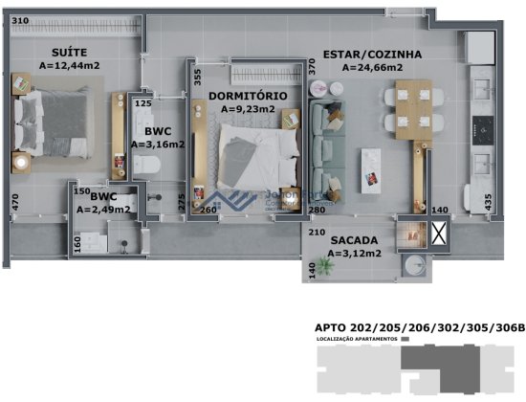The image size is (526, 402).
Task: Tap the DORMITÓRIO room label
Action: [x=248, y=97]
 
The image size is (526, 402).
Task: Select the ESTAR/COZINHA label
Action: [x=362, y=55]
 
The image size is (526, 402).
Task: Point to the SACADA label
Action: [x=355, y=241]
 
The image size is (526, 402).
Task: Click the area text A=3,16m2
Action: [x=157, y=145]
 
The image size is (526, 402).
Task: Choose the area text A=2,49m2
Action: [x=103, y=210]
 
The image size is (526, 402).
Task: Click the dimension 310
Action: [x=21, y=21]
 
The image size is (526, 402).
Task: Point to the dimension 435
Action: [x=489, y=202]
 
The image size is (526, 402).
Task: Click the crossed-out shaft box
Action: [x=439, y=234]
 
